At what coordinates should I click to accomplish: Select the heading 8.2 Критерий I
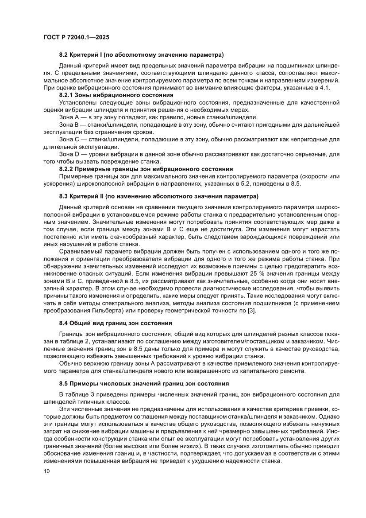click(141, 55)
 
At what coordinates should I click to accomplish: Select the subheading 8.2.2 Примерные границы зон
click(146, 169)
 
